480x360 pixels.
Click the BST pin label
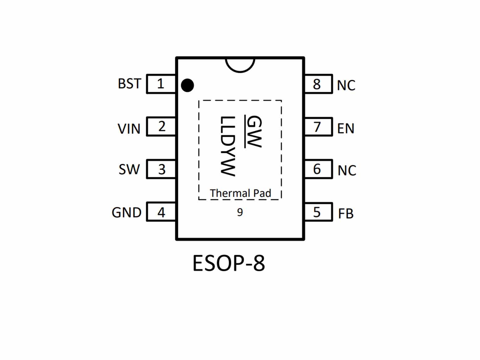point(130,84)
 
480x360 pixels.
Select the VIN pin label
point(129,129)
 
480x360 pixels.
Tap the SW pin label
point(129,169)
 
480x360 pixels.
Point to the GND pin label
point(126,213)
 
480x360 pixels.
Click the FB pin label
point(346,213)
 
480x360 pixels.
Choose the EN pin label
point(346,128)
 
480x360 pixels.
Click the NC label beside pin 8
point(346,85)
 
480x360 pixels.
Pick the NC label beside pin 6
point(347,171)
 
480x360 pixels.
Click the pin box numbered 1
point(161,84)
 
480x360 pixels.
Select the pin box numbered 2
point(161,126)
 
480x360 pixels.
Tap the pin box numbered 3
point(161,169)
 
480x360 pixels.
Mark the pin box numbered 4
point(161,212)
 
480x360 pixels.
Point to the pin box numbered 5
point(318,212)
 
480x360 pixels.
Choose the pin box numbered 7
point(318,126)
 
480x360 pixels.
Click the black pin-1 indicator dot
point(188,85)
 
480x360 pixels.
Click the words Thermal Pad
point(241,193)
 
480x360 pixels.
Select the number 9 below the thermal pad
point(240,212)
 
